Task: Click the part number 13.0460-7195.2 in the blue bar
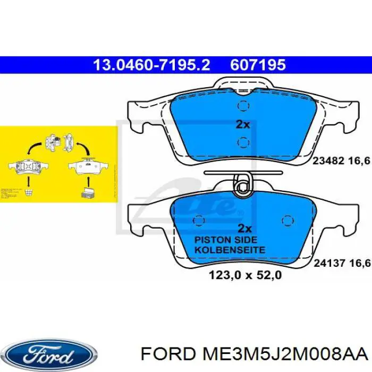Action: click(151, 65)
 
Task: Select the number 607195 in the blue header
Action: click(258, 65)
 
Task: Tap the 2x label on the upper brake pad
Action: click(242, 124)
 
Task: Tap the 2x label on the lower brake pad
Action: click(244, 229)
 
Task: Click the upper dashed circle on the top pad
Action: click(243, 106)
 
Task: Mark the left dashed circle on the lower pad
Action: click(200, 220)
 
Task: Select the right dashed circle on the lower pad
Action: click(287, 220)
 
